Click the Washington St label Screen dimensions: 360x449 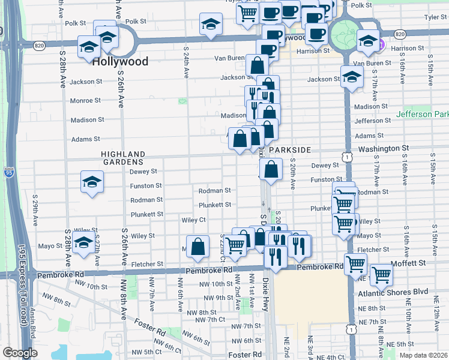384,148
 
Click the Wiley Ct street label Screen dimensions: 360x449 194,220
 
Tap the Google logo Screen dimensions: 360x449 19,353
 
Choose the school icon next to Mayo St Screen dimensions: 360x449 83,245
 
